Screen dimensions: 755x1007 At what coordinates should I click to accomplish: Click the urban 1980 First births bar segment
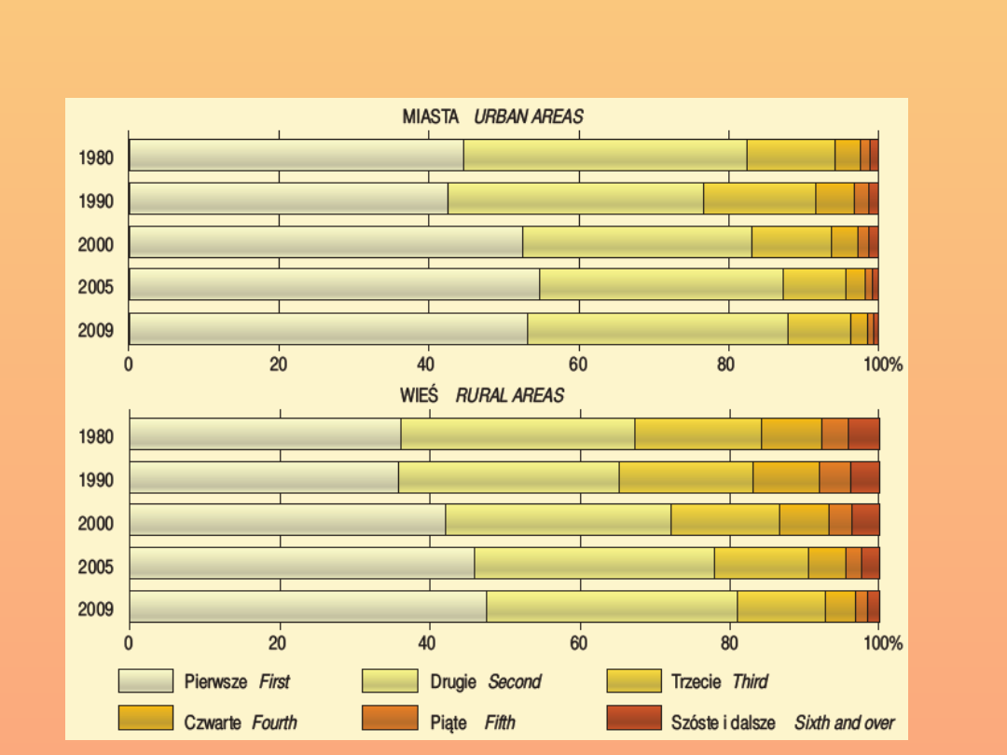coord(297,156)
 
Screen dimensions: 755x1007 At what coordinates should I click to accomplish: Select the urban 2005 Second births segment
coord(661,285)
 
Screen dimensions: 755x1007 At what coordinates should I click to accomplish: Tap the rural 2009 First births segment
coord(308,607)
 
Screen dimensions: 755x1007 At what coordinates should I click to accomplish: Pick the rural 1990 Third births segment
coord(686,477)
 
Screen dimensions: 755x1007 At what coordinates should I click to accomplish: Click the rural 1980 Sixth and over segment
coord(863,434)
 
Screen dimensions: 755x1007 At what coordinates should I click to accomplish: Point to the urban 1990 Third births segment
coord(759,199)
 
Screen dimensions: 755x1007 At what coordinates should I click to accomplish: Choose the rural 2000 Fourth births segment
coord(804,520)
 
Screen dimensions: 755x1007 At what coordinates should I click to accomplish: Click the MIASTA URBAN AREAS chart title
coord(492,117)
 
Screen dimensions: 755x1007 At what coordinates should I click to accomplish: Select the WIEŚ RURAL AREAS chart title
coord(482,395)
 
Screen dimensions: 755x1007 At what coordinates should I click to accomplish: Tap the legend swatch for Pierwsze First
coord(145,681)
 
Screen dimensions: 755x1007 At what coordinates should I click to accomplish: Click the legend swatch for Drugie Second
coord(390,681)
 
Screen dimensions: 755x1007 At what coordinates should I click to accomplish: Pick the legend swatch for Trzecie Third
coord(634,681)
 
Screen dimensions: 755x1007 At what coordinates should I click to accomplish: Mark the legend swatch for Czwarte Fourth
coord(145,719)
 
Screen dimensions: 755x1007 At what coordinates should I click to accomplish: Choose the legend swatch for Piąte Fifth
coord(390,719)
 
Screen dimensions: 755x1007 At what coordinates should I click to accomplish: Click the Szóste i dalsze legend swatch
coord(634,719)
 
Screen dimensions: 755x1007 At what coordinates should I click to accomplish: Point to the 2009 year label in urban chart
coord(96,330)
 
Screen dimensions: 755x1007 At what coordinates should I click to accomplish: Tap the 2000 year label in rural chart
coord(96,523)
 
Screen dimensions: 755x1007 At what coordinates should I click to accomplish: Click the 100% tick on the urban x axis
coord(883,364)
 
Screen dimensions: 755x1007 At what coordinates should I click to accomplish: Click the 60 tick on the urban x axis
coord(578,364)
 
